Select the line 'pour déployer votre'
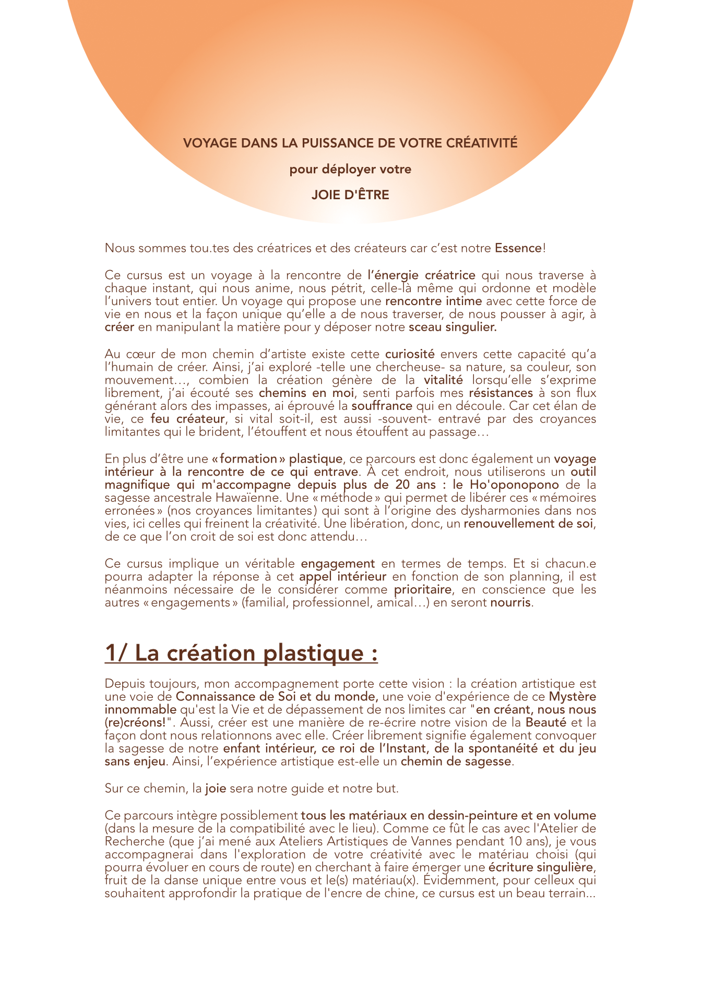350,170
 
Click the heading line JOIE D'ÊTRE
350,195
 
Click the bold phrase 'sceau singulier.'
453,328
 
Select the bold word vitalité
443,380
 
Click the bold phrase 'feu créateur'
188,419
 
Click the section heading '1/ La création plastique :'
241,654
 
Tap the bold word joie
216,788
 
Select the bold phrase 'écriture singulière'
541,867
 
